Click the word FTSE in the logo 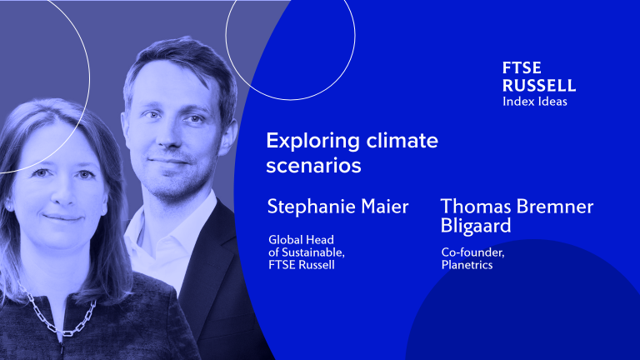(522, 67)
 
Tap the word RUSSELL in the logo (539, 85)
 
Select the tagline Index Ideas (535, 101)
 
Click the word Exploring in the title (312, 142)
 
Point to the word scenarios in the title (313, 166)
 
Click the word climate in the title (402, 140)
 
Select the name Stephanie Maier (337, 207)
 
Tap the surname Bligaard (476, 226)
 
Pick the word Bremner (551, 207)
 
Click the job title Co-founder (472, 252)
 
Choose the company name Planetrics (467, 265)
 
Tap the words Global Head (301, 240)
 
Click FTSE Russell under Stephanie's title (301, 265)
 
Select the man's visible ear (227, 137)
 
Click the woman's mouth (62, 218)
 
